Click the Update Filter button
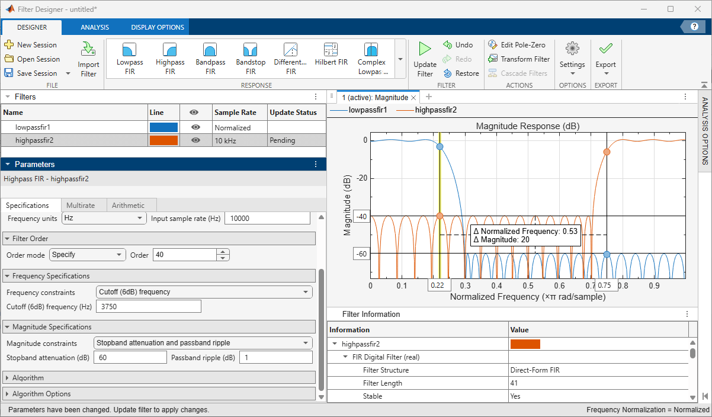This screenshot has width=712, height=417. click(425, 59)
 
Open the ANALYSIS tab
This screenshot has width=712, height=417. click(95, 27)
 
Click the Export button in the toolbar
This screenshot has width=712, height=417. click(605, 59)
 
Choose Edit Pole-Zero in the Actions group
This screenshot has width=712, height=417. click(517, 45)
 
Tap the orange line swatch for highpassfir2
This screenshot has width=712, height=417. click(163, 140)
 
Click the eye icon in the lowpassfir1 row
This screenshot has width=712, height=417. click(196, 127)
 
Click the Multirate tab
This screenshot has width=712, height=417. click(81, 206)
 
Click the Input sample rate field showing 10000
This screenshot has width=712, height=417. click(267, 219)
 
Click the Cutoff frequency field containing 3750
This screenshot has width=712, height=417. click(149, 306)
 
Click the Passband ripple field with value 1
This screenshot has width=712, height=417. click(276, 358)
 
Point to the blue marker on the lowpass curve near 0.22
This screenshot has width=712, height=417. click(440, 146)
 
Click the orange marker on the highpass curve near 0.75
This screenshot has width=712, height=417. click(607, 152)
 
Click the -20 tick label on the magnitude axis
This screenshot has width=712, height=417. click(362, 178)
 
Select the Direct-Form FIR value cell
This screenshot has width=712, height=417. click(535, 370)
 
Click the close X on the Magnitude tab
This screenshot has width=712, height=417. click(413, 98)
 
